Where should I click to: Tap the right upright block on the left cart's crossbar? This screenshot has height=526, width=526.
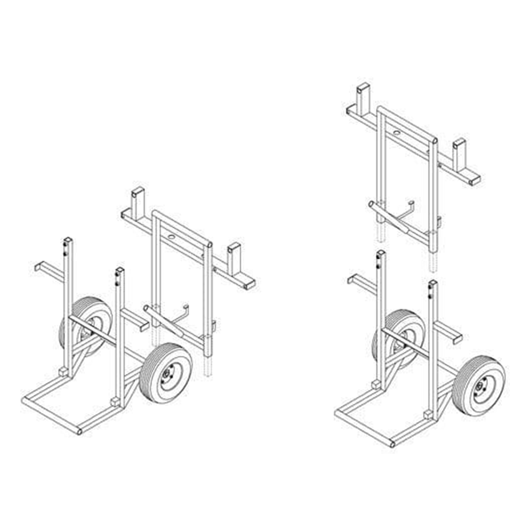[x=234, y=257]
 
